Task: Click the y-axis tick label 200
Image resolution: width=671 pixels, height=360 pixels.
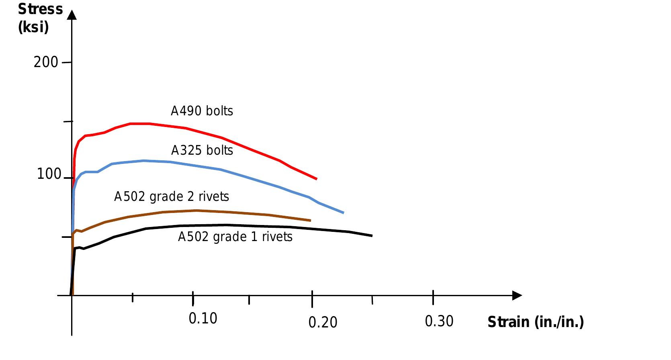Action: [x=46, y=62]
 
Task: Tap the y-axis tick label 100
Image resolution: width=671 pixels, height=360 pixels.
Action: [x=49, y=174]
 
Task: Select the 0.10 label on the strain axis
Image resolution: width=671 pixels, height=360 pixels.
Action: [x=203, y=318]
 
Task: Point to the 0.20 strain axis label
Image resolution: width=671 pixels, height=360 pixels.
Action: [x=323, y=322]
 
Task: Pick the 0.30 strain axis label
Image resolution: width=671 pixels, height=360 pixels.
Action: [x=439, y=321]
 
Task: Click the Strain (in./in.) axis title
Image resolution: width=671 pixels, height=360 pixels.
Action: [x=535, y=322]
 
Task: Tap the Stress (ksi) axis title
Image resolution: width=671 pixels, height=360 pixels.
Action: [x=40, y=18]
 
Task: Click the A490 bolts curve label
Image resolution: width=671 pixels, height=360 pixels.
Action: [x=202, y=111]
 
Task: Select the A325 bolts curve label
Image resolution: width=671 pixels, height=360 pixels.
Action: [x=202, y=150]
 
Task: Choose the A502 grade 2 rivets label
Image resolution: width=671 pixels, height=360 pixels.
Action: [x=172, y=196]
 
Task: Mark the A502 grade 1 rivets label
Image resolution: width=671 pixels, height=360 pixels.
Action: [x=235, y=237]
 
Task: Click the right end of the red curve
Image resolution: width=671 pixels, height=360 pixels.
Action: [x=317, y=179]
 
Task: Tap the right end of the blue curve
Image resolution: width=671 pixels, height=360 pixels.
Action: [x=344, y=213]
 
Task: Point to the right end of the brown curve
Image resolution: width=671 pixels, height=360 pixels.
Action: [x=311, y=221]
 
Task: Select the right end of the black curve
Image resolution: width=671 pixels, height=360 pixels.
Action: [x=372, y=236]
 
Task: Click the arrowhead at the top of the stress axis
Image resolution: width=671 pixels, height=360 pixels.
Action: [x=72, y=15]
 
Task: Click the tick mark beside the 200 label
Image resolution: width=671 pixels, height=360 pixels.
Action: [x=67, y=63]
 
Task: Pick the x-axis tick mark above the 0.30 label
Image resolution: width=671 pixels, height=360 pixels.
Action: [x=433, y=297]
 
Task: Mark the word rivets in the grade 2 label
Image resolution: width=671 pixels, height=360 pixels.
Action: [x=214, y=196]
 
